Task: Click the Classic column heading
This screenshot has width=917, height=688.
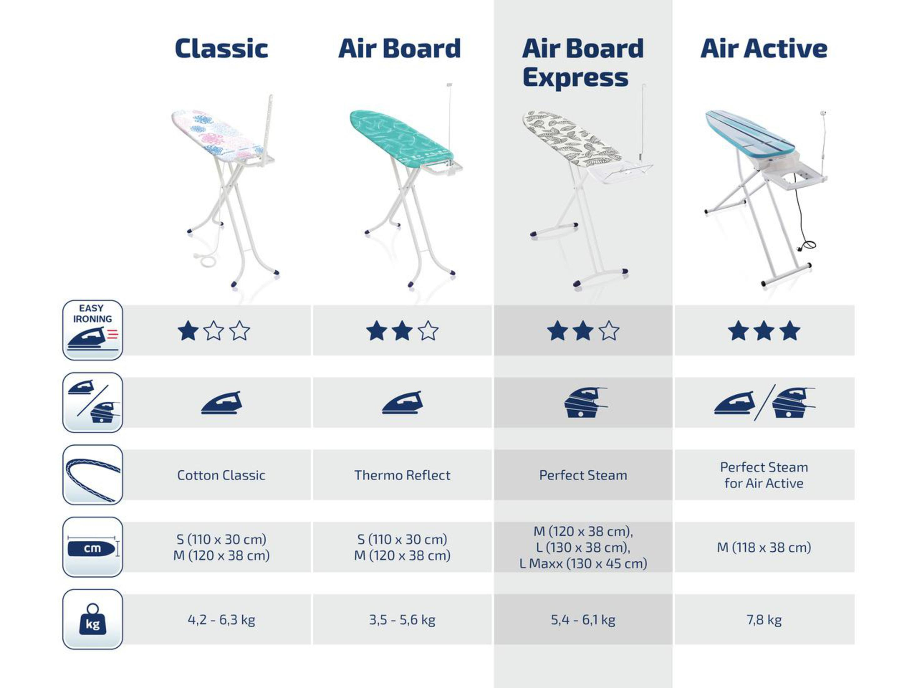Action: click(221, 48)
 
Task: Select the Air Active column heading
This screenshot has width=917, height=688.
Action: click(763, 48)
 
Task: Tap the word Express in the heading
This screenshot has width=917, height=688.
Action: click(575, 78)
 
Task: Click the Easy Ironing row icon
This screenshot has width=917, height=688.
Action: click(93, 330)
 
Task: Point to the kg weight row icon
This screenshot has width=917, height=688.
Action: click(93, 619)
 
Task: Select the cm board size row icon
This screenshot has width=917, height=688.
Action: click(93, 547)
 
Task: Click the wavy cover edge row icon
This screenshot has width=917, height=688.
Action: click(93, 475)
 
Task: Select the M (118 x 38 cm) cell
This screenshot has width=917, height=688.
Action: click(763, 547)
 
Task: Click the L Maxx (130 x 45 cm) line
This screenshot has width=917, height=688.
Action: click(583, 564)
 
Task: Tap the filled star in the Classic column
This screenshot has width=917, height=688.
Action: click(188, 331)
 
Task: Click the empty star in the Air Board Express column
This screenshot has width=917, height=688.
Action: click(609, 331)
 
